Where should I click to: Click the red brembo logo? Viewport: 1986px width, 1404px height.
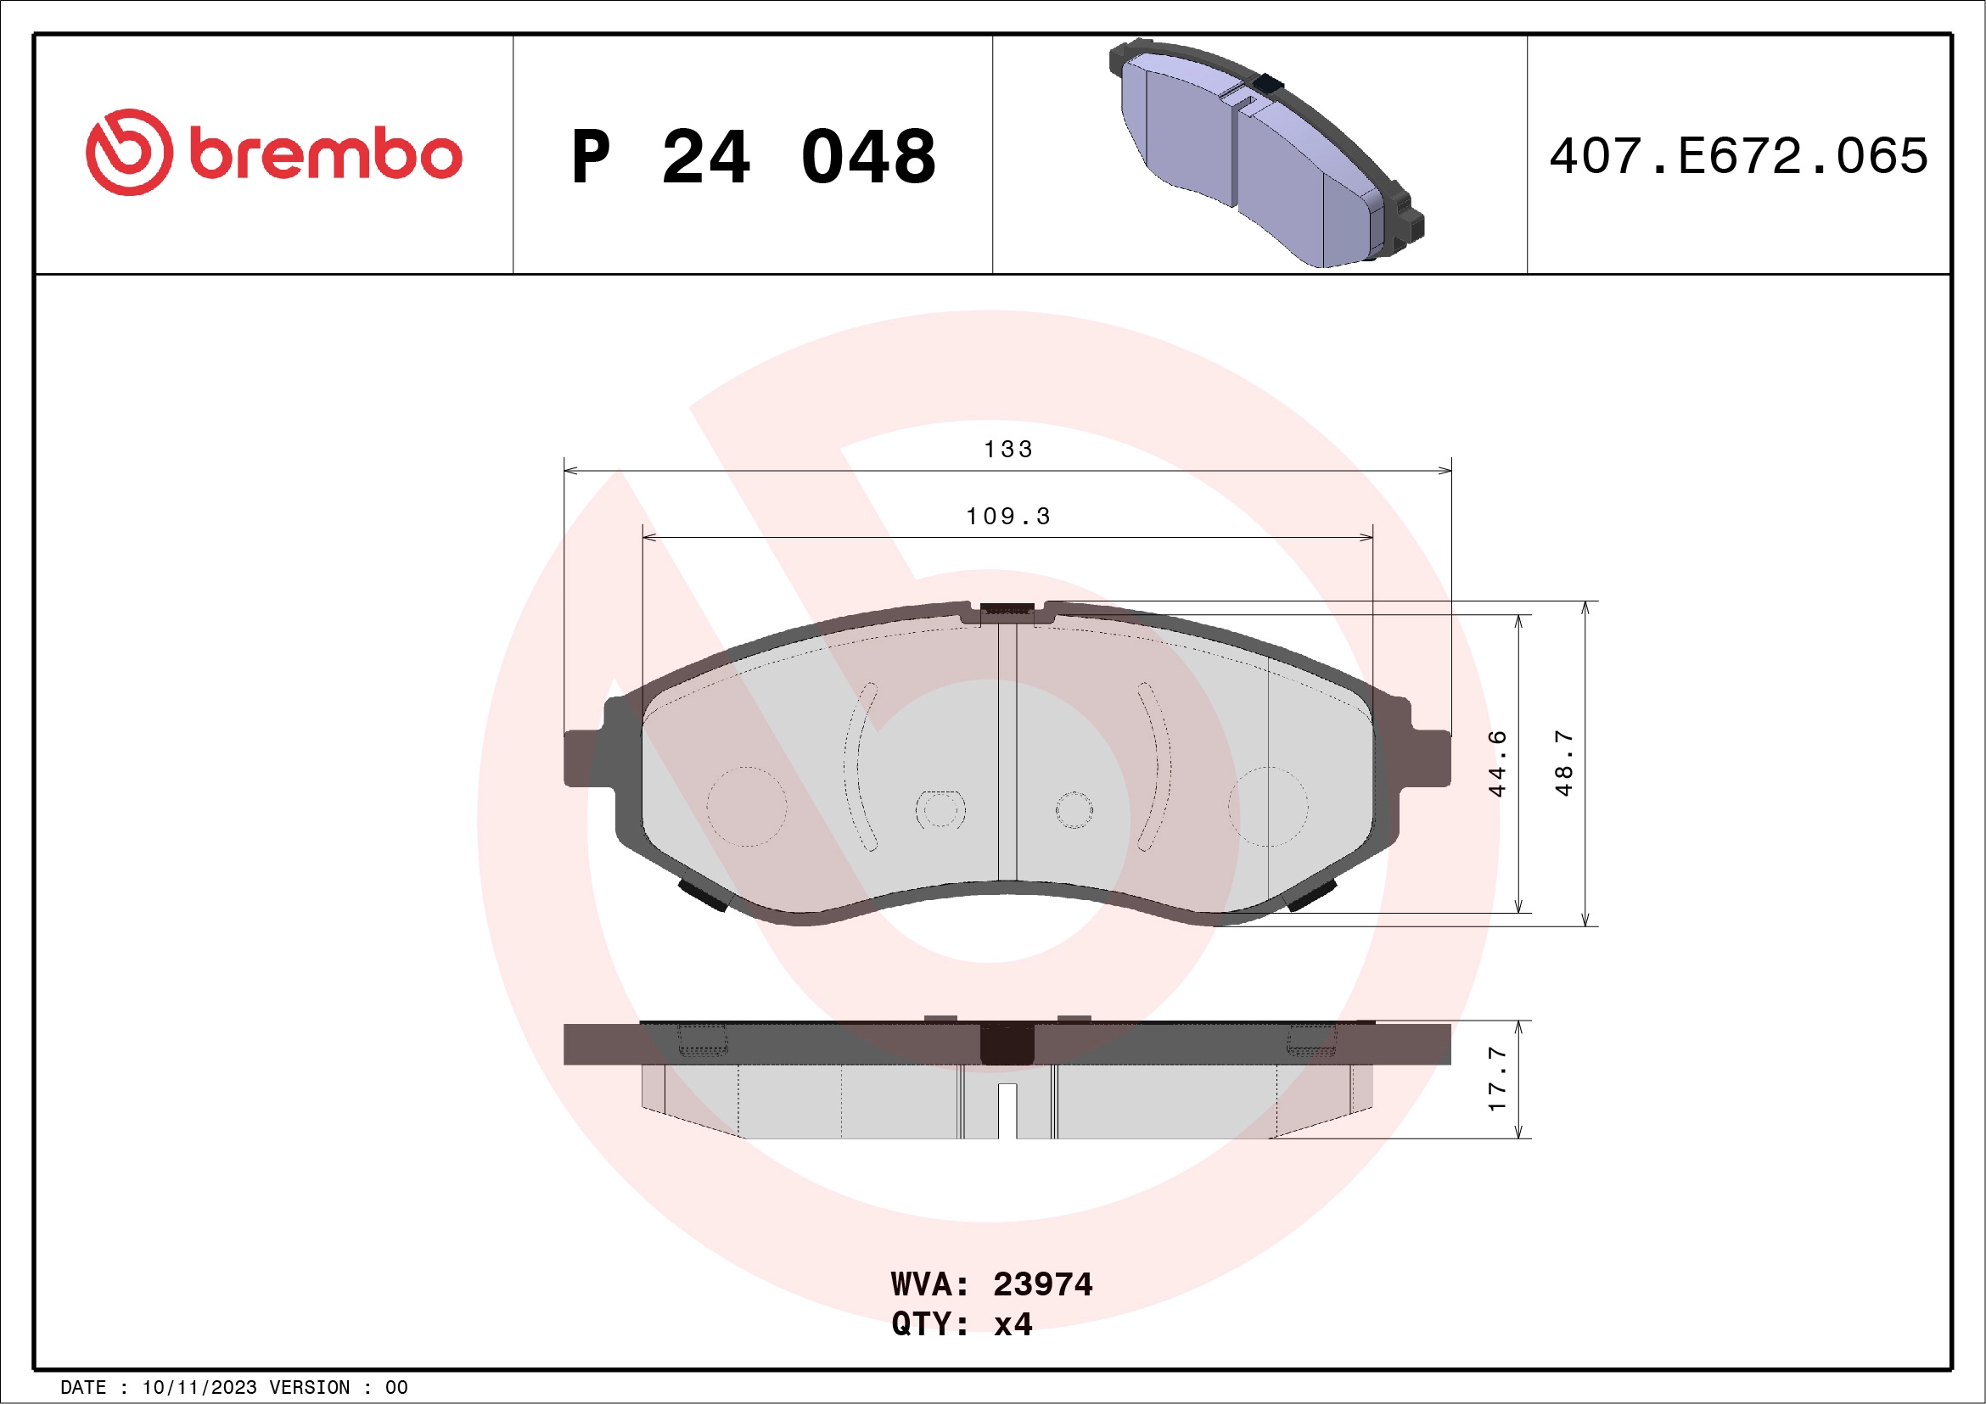(273, 153)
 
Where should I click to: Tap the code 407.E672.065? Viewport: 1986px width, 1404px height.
(1739, 156)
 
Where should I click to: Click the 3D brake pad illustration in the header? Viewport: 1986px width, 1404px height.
(1265, 154)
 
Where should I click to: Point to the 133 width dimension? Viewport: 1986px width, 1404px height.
(1007, 450)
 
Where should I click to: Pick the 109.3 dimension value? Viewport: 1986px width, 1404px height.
(1007, 517)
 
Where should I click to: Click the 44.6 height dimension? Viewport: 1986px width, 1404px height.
(1497, 763)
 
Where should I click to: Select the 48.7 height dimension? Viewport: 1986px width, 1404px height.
(1563, 763)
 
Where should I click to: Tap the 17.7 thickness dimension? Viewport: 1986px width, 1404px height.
(1497, 1079)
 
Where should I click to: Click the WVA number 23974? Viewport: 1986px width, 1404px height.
(1042, 1284)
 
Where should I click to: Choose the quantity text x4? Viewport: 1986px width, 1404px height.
(1013, 1324)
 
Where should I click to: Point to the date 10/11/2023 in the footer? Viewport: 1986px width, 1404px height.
(199, 1388)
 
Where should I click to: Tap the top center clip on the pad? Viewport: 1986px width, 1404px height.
(1007, 609)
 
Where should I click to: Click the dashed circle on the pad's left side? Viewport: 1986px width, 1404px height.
(747, 806)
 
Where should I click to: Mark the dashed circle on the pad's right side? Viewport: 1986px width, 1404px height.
(1267, 806)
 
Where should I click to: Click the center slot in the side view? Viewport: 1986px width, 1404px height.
(1007, 1110)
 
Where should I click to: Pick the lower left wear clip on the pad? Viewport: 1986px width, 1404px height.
(703, 895)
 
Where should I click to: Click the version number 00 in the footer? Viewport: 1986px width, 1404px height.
(396, 1388)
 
